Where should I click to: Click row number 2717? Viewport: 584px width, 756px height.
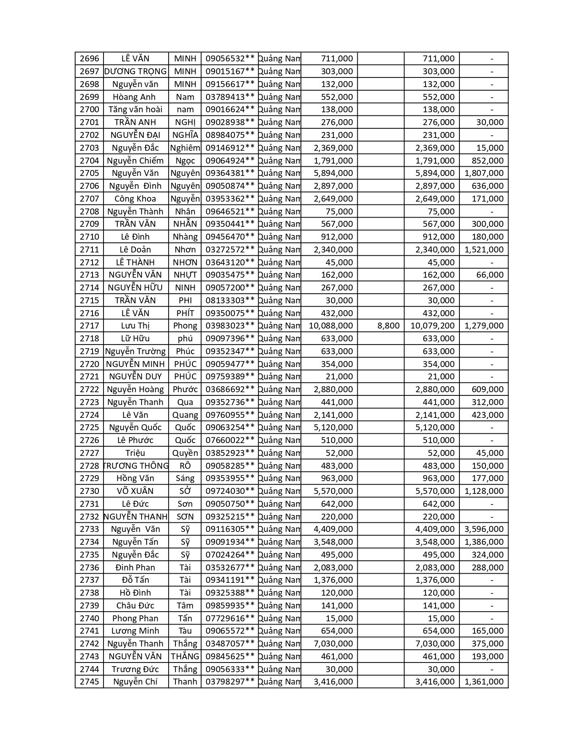(x=89, y=326)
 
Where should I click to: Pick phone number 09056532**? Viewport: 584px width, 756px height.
(x=230, y=59)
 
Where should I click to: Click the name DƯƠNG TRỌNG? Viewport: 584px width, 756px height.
(x=136, y=71)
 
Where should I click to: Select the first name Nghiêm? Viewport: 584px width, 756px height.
(x=185, y=148)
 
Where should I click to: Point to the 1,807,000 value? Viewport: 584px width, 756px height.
(x=484, y=173)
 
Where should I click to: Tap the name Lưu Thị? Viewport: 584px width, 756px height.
(x=135, y=326)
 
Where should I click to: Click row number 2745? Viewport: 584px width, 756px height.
(x=89, y=682)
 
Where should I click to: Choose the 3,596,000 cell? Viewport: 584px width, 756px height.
(x=484, y=529)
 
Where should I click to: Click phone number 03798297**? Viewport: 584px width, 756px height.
(x=230, y=682)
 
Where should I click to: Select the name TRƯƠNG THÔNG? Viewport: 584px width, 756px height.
(x=136, y=466)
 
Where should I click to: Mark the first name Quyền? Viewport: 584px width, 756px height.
(x=185, y=453)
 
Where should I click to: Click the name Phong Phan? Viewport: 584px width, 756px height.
(x=135, y=619)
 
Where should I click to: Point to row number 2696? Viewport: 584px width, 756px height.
(x=89, y=59)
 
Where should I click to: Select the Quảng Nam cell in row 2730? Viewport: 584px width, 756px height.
(x=279, y=491)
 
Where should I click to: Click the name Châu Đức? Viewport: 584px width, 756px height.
(x=135, y=606)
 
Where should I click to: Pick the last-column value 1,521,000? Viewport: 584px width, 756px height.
(x=484, y=250)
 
